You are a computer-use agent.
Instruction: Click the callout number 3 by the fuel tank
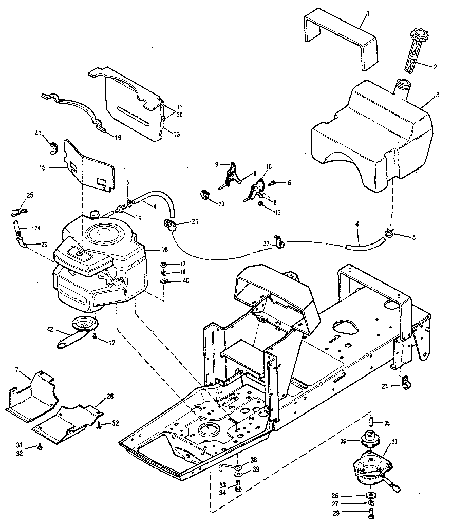422,95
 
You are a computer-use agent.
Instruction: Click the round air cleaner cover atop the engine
106,235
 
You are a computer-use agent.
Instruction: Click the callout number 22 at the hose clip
266,243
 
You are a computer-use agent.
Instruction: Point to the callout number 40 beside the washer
185,280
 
